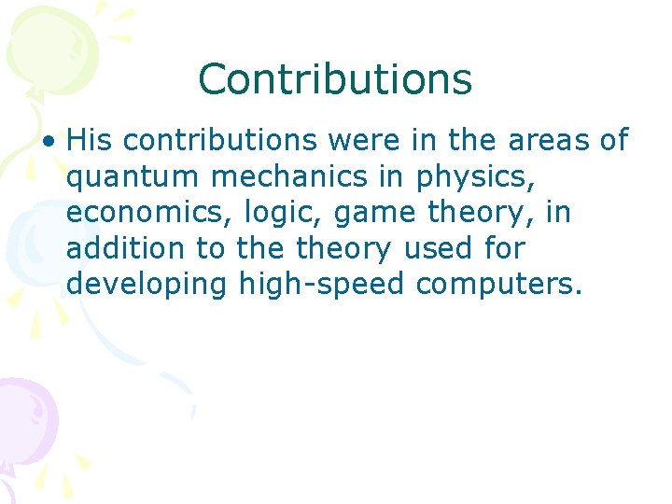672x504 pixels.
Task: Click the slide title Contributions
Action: pyautogui.click(x=335, y=79)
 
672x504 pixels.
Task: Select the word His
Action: pyautogui.click(x=90, y=140)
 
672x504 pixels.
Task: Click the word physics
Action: pyautogui.click(x=475, y=176)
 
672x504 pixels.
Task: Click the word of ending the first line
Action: pyautogui.click(x=613, y=140)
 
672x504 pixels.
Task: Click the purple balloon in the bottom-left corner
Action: pyautogui.click(x=23, y=415)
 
